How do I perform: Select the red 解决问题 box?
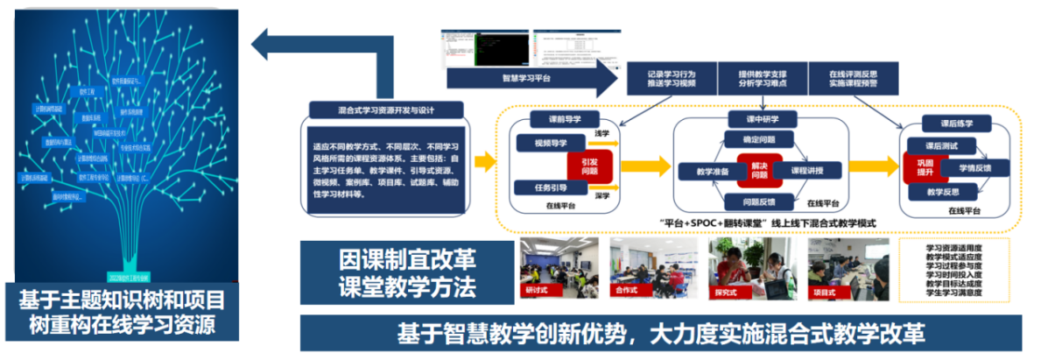coord(757,170)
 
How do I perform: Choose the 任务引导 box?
coord(545,187)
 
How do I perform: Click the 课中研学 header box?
coord(759,119)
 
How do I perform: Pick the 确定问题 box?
coord(757,140)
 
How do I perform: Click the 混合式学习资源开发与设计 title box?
coord(386,112)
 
